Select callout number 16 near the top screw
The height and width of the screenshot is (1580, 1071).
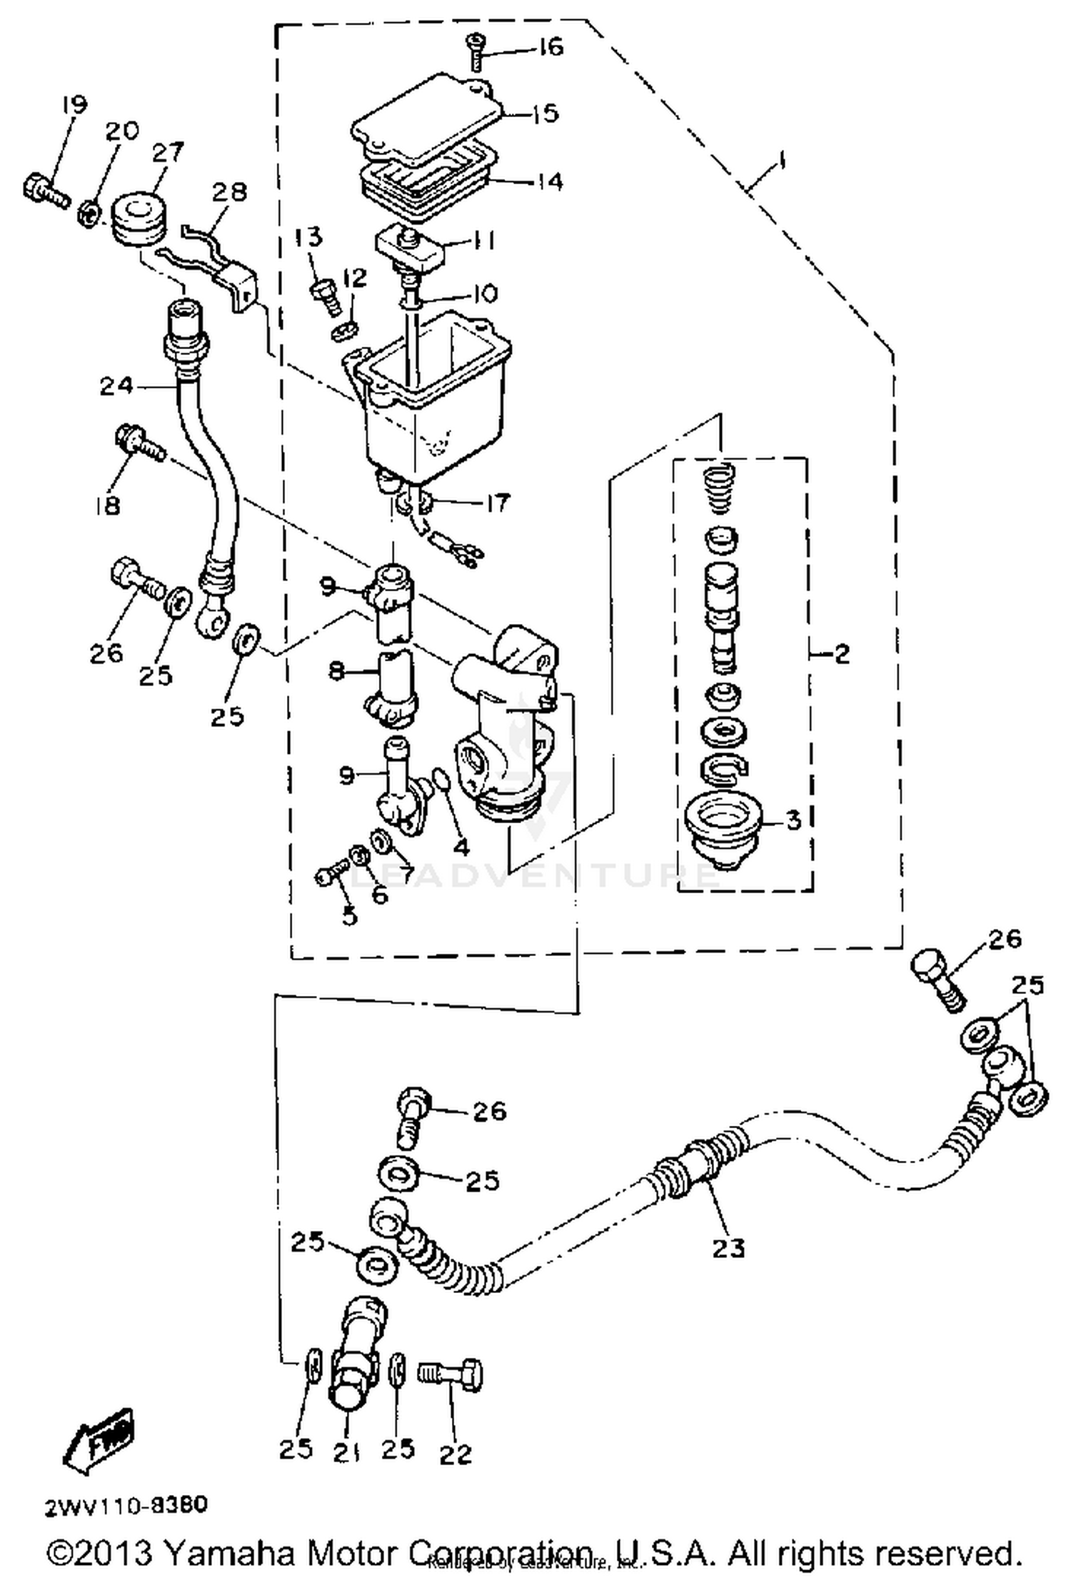click(550, 47)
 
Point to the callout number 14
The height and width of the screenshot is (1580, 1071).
click(550, 181)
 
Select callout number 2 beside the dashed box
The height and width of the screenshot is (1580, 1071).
click(842, 653)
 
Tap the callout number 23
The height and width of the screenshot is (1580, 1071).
click(728, 1247)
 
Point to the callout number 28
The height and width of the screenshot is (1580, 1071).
click(229, 191)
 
